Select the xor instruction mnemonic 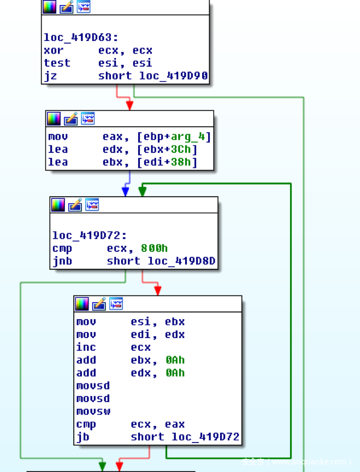point(54,50)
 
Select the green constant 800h point(154,249)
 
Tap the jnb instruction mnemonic point(62,261)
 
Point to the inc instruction point(86,347)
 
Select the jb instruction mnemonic point(82,437)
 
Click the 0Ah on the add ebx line point(176,360)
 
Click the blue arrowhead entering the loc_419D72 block point(126,191)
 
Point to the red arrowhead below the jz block point(129,105)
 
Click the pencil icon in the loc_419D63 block point(67,7)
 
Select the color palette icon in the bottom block point(82,304)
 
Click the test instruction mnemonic point(57,63)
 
